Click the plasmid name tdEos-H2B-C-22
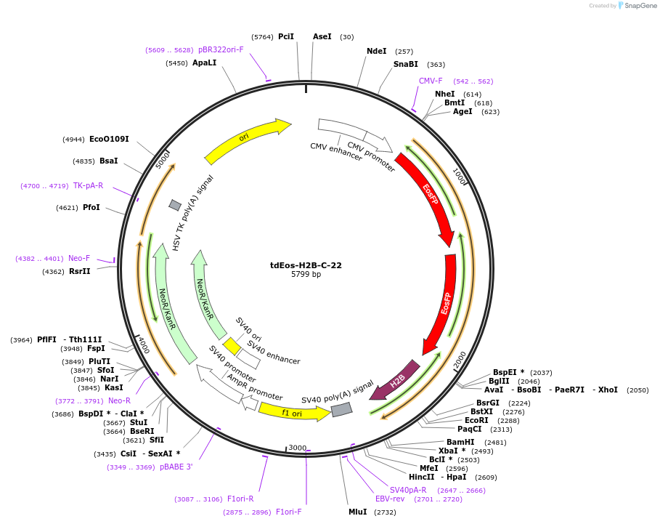(306, 265)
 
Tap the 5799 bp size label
(306, 275)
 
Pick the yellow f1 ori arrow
(293, 412)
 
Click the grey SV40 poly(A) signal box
(341, 409)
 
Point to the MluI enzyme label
(357, 512)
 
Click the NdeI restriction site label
(377, 51)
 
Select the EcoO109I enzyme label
(109, 139)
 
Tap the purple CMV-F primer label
(431, 81)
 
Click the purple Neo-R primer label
(119, 400)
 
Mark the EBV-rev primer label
(390, 499)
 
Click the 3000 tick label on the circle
(298, 448)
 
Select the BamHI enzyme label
(460, 442)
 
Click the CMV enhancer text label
(335, 151)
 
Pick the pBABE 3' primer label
(176, 467)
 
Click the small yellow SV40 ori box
(232, 347)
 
